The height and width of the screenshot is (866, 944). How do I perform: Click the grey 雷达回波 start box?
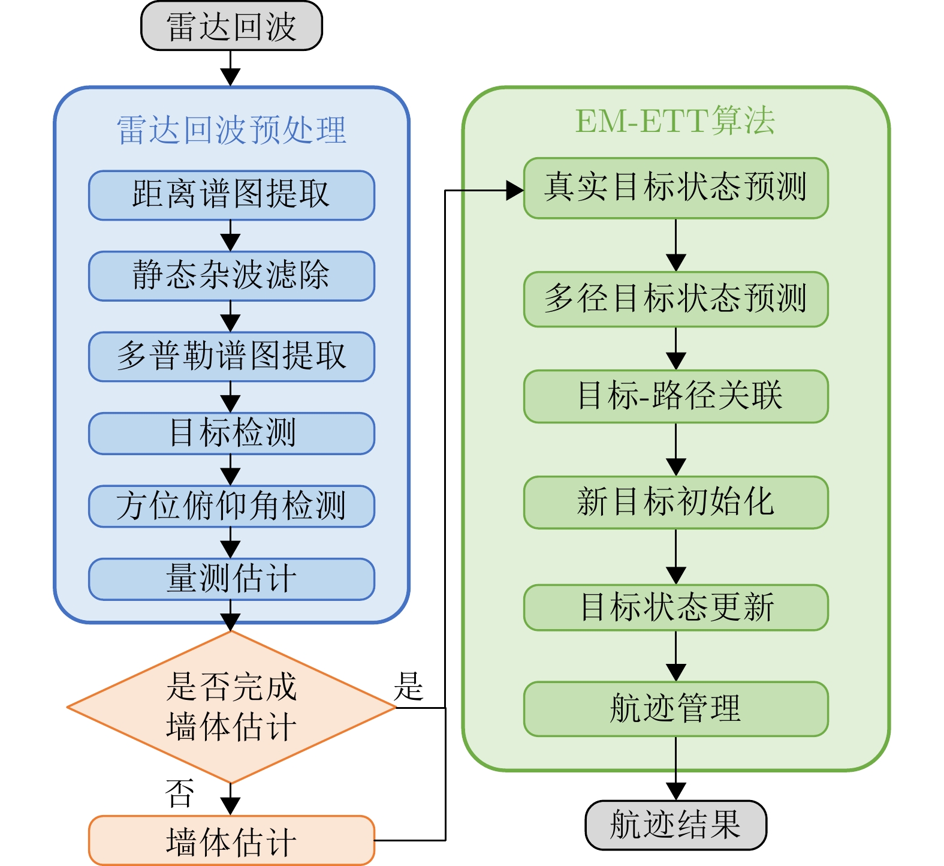point(231,26)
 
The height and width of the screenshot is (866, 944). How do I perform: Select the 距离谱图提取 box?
point(231,195)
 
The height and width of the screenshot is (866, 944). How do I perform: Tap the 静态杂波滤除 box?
point(231,275)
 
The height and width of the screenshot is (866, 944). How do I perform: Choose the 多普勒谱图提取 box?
point(231,356)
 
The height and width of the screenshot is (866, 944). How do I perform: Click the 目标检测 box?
point(231,433)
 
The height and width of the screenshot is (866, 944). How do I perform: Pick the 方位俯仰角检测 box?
point(231,506)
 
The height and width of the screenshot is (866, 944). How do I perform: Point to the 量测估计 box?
point(231,579)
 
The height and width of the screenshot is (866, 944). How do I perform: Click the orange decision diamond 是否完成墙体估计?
point(231,707)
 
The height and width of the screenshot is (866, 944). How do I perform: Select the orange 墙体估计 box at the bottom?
point(231,840)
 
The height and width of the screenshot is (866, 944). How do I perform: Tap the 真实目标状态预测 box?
point(675,188)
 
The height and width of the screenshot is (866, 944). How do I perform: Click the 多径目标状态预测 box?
point(675,299)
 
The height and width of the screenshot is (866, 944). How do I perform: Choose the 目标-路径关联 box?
point(675,396)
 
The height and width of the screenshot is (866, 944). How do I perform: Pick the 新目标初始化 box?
point(675,503)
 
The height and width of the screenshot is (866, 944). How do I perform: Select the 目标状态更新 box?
point(675,608)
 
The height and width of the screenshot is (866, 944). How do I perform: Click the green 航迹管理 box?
point(675,709)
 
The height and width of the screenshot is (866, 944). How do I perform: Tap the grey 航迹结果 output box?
point(675,825)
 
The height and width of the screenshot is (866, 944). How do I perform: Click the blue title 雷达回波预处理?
point(231,130)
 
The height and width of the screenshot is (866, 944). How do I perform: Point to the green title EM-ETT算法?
point(675,121)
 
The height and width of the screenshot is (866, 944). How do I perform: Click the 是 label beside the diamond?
point(409,687)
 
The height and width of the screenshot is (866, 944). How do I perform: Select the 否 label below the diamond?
point(180,793)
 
